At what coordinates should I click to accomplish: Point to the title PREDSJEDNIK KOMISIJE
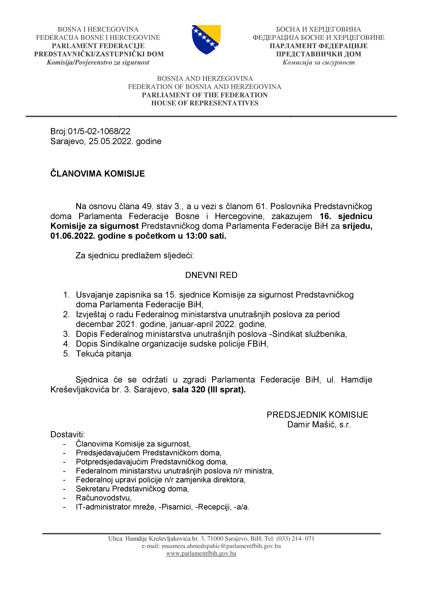tap(317, 415)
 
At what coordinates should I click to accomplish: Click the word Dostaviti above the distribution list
tap(68, 434)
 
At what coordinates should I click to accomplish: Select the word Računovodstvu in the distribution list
tap(104, 498)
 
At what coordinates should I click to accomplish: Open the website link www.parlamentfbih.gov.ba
tap(201, 553)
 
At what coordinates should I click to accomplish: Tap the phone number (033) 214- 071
tap(295, 538)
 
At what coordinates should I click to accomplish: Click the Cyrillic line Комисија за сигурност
tap(318, 62)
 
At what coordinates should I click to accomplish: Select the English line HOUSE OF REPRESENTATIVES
tap(205, 103)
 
